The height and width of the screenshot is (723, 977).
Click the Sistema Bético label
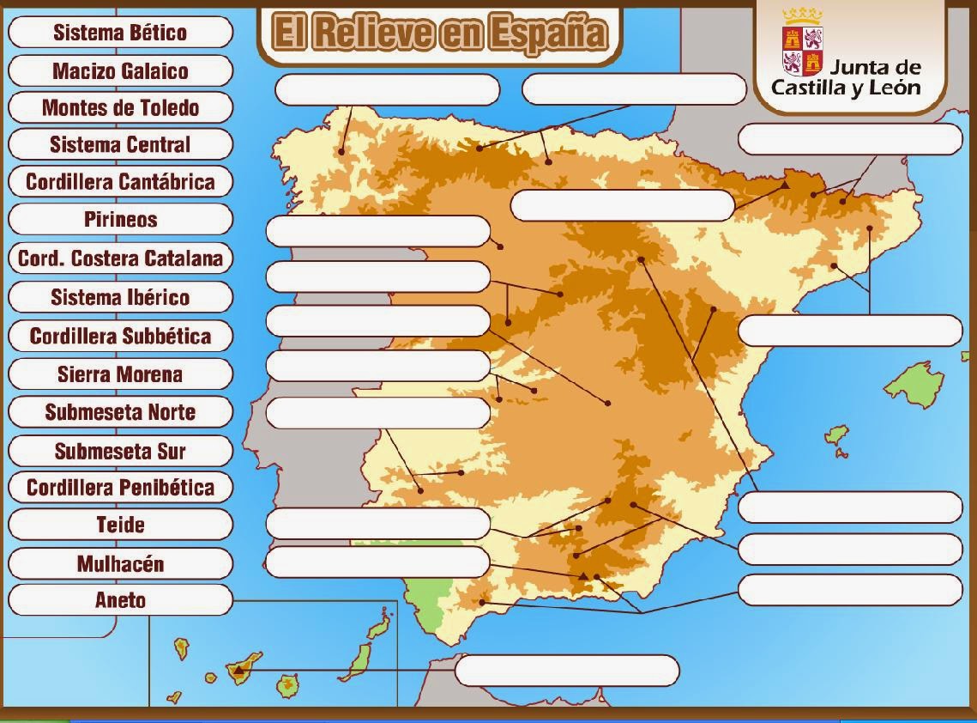pos(120,33)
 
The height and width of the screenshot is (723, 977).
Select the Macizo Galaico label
pos(120,70)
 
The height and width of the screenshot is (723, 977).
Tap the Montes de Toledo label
pos(120,107)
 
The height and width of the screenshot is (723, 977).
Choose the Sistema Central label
pos(120,144)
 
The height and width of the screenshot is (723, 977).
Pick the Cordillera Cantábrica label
pos(120,181)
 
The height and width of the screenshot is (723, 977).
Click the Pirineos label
pos(120,219)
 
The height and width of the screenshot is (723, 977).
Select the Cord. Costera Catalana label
pos(120,258)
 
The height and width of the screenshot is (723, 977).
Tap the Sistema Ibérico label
pos(120,297)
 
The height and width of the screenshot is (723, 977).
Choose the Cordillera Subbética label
pos(120,336)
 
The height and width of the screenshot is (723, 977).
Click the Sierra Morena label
pos(120,374)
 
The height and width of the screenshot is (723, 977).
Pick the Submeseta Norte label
pos(120,412)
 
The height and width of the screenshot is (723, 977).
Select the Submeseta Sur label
pos(120,451)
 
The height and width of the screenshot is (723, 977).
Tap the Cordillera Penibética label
pos(120,488)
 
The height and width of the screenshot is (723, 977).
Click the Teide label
pos(120,525)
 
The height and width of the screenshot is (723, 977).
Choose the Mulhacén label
pos(120,563)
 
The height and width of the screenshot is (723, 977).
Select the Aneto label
pos(120,600)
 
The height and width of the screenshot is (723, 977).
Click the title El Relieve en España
pos(439,33)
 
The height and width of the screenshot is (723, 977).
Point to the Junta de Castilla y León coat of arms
pos(803,43)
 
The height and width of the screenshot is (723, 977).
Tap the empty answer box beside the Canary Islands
pos(566,671)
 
